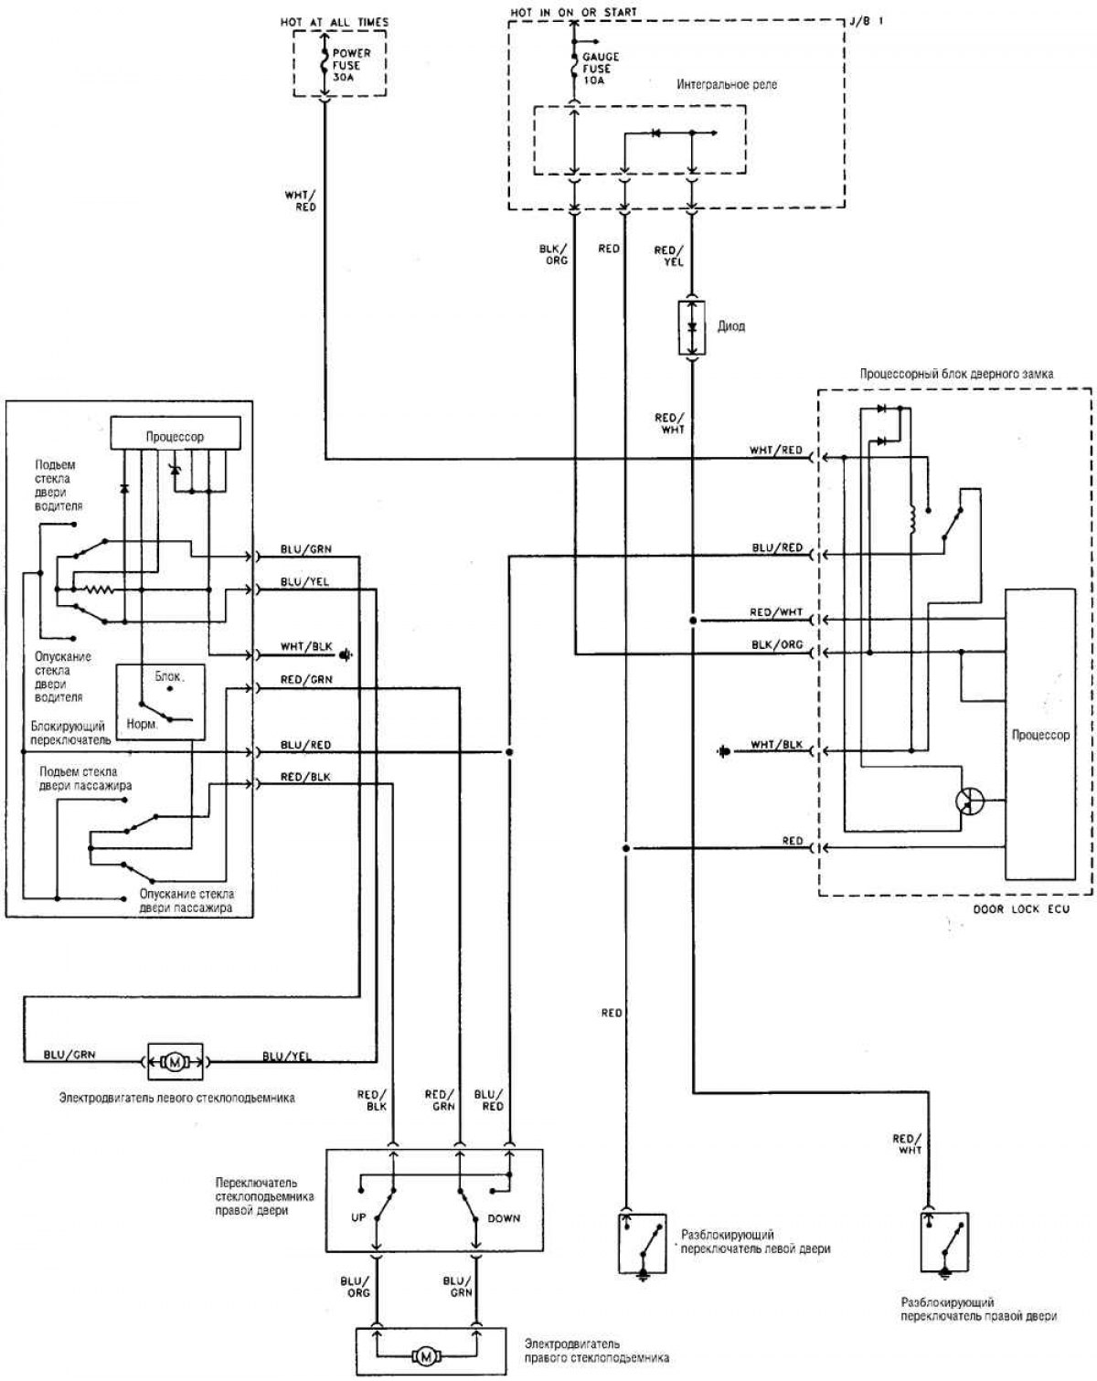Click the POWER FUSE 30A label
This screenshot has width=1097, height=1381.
coord(351,65)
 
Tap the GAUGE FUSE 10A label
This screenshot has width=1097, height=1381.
coord(601,69)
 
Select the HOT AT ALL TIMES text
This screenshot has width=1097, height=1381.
coord(335,23)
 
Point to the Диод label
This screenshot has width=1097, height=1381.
coord(731,326)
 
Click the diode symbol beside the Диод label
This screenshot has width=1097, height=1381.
coord(692,327)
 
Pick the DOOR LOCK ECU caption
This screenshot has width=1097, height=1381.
coord(1021,908)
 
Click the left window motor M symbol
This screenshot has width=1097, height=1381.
coord(175,1063)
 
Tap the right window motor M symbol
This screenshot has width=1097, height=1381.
coord(426,1356)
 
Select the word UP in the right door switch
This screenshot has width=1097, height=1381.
coord(358,1217)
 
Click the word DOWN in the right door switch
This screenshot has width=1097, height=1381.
coord(504,1217)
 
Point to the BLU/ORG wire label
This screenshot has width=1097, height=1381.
coord(355,1287)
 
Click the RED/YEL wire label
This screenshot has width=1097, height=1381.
coord(669,256)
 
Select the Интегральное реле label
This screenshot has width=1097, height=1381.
coord(727,85)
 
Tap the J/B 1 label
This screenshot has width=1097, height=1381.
coord(867,21)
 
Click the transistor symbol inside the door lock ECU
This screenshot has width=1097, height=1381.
coord(969,801)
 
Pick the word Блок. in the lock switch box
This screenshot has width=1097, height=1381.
coord(169,676)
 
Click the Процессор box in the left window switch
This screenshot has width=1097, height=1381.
coord(176,433)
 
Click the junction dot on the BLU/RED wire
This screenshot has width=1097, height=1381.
coord(509,751)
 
